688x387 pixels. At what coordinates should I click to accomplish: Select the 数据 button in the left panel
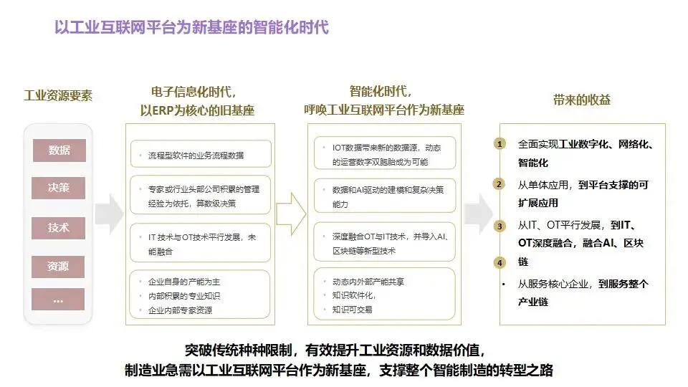[59, 150]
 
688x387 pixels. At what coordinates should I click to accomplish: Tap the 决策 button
[59, 189]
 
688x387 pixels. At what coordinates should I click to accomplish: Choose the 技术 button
[59, 228]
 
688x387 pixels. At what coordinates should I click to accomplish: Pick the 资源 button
[59, 267]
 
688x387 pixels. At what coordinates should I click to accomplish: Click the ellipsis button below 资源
[59, 300]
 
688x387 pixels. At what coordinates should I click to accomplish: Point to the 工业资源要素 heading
[59, 96]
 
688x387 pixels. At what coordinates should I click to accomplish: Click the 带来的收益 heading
[581, 100]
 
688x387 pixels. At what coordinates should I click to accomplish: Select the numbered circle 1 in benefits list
[500, 144]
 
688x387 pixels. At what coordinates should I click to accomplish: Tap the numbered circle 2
[500, 184]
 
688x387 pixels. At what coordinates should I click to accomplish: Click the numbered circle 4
[500, 263]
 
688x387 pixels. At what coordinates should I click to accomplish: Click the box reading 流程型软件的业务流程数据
[200, 154]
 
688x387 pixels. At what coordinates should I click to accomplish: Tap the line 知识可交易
[353, 310]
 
